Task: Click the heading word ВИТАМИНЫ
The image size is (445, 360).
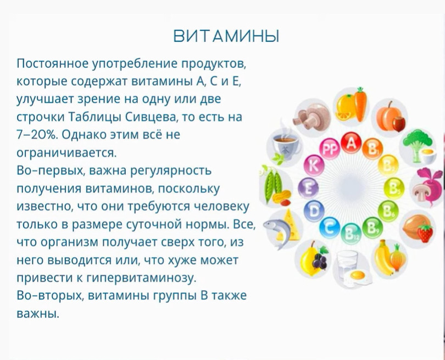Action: [226, 36]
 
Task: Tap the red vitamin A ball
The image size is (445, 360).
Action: [352, 143]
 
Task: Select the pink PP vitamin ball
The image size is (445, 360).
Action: [330, 149]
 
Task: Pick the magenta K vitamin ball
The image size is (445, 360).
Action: [314, 165]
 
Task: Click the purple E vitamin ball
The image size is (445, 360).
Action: [308, 188]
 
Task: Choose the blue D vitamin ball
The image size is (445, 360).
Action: [314, 211]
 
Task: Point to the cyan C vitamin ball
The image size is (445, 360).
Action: [330, 227]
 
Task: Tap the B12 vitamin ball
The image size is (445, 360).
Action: [351, 234]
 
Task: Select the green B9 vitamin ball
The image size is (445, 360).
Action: [372, 227]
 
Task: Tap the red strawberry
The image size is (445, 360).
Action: [425, 233]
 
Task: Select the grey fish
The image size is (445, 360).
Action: [277, 230]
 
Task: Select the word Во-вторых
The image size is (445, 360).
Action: [49, 296]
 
